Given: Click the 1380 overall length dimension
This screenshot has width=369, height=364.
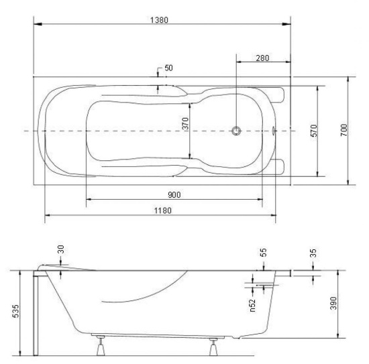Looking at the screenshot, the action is [159, 20].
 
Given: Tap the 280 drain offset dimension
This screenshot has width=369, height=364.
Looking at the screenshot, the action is [262, 58].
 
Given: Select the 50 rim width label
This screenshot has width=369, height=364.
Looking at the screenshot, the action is [168, 68].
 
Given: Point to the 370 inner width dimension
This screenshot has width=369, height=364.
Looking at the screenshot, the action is [185, 124].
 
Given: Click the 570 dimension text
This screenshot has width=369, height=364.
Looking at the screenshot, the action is [314, 131].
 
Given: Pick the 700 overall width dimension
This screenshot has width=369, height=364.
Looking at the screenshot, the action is [344, 130].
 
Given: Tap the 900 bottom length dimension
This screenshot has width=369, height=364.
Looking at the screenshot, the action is [174, 194].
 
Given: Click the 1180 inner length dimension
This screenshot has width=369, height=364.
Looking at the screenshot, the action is [163, 210].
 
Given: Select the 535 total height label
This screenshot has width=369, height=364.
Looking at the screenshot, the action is [15, 311].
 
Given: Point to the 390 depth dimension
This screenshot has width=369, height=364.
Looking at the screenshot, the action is [333, 303].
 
